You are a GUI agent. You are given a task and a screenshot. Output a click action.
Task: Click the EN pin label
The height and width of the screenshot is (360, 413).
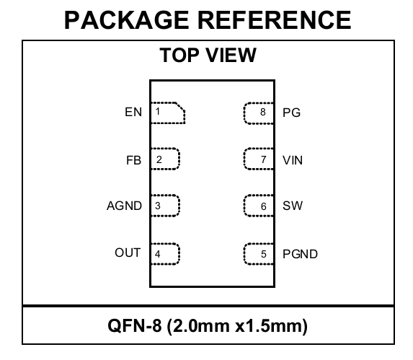[x=133, y=112]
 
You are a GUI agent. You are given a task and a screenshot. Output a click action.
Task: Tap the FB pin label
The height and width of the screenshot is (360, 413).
[x=134, y=160]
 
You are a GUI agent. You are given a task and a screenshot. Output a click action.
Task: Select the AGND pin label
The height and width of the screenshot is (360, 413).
[x=124, y=206]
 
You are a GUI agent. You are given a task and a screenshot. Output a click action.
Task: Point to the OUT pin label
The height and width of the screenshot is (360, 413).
[x=128, y=253]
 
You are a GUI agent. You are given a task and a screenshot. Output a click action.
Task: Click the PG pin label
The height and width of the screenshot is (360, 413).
[x=291, y=113]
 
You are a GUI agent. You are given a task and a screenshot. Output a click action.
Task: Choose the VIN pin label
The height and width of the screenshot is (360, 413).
[x=293, y=160]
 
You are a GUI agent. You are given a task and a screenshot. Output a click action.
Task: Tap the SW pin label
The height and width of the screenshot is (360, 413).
[x=293, y=206]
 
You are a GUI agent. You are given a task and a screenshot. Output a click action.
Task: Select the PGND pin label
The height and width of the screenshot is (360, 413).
[x=300, y=254]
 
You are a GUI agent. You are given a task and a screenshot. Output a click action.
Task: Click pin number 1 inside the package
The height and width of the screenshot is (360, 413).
[x=158, y=112]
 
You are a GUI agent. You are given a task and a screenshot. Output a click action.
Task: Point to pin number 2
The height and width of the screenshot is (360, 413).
[x=159, y=159]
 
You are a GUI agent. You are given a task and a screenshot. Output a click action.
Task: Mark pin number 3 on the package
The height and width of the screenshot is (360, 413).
[x=158, y=206]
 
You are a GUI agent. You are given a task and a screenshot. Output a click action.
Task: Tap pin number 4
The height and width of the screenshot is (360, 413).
[x=158, y=254]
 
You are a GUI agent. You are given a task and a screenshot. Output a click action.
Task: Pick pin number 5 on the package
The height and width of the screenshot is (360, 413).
[x=264, y=254]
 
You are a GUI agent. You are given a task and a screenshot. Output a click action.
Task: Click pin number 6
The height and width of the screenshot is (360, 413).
[x=264, y=206]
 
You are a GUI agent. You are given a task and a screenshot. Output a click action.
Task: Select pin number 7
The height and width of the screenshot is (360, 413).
[x=264, y=159]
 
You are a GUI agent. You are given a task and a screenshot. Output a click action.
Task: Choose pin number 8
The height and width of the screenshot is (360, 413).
[x=263, y=112]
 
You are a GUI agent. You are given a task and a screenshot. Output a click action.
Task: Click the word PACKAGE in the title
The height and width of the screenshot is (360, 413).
[x=127, y=20]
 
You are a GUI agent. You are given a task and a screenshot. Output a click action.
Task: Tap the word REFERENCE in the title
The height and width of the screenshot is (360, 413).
[x=275, y=20]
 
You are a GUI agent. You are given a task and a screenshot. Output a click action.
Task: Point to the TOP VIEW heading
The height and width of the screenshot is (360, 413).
[x=208, y=55]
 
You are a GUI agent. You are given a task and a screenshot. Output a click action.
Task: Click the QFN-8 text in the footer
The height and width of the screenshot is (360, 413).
[x=135, y=326]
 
